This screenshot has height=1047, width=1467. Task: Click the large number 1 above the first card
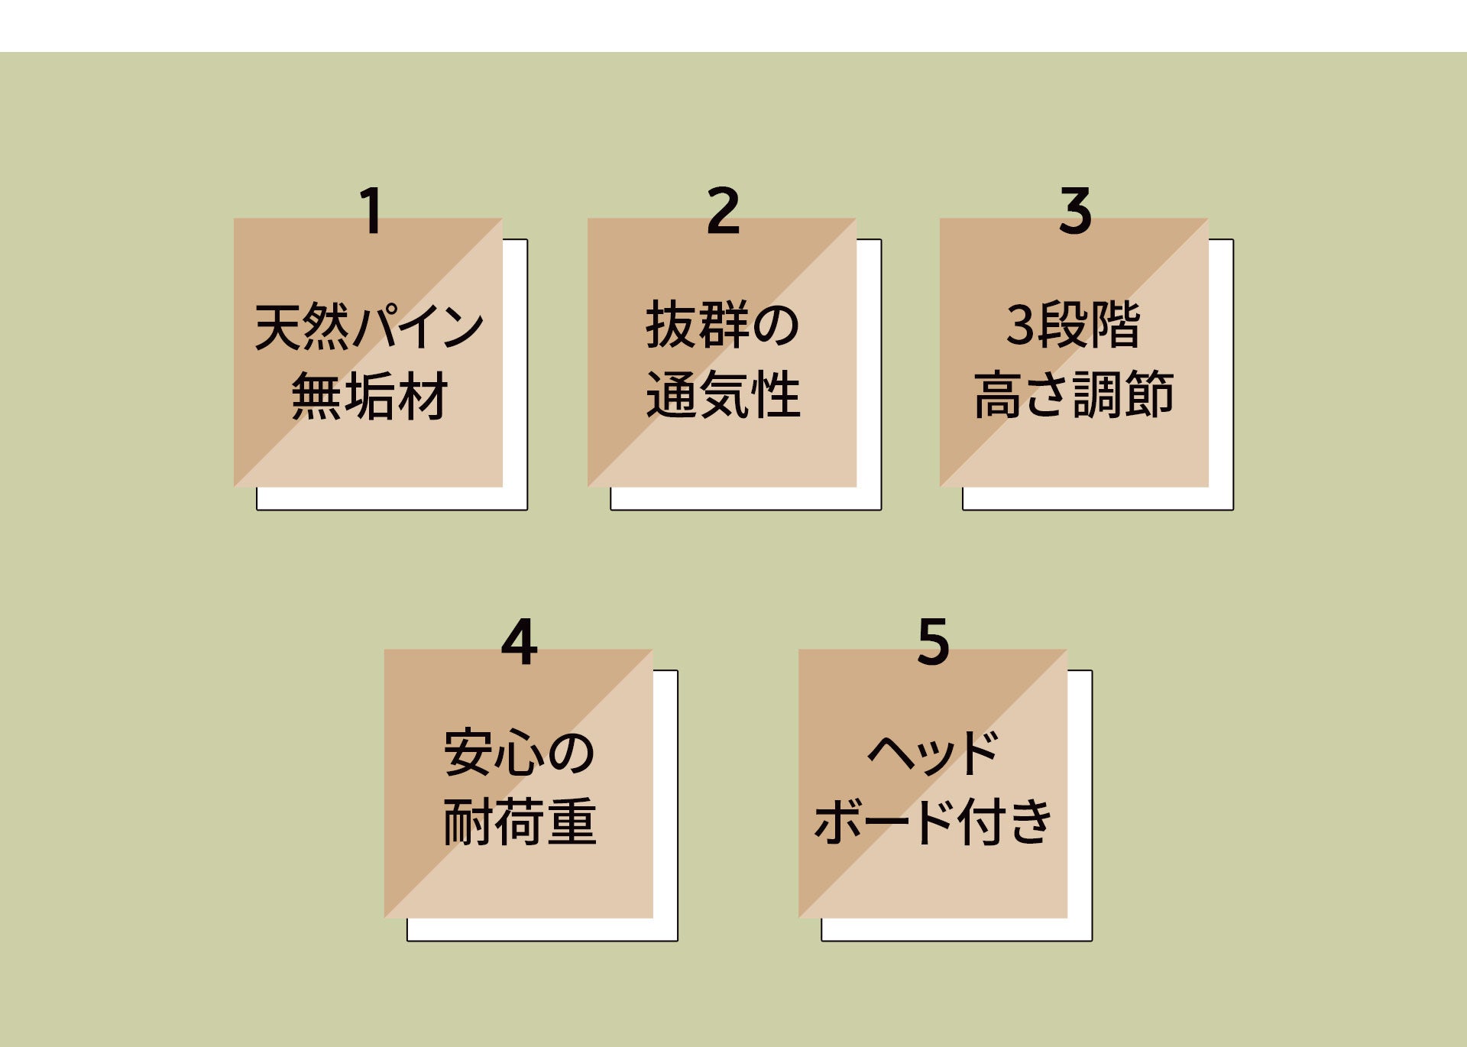point(371,211)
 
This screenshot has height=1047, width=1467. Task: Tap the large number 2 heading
point(723,211)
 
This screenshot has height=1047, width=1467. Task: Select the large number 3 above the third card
point(1075,211)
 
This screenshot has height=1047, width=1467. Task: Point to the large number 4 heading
point(519,643)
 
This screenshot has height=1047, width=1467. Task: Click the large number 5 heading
point(933,643)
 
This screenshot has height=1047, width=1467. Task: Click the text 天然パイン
point(369,326)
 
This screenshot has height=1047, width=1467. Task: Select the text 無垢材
point(369,396)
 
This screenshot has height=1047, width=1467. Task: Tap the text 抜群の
point(723,325)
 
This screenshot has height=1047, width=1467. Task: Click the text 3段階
point(1074,325)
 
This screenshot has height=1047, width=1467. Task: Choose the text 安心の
point(519,754)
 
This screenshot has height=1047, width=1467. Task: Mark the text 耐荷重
point(520,822)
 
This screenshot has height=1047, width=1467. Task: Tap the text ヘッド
point(933,754)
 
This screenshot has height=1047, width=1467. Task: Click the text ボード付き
point(933,822)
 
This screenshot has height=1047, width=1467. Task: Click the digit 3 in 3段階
point(1020,326)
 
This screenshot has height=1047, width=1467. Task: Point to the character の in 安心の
point(571,754)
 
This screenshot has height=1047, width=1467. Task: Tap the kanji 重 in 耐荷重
point(572,822)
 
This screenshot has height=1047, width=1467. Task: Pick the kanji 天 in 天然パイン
point(278,326)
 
